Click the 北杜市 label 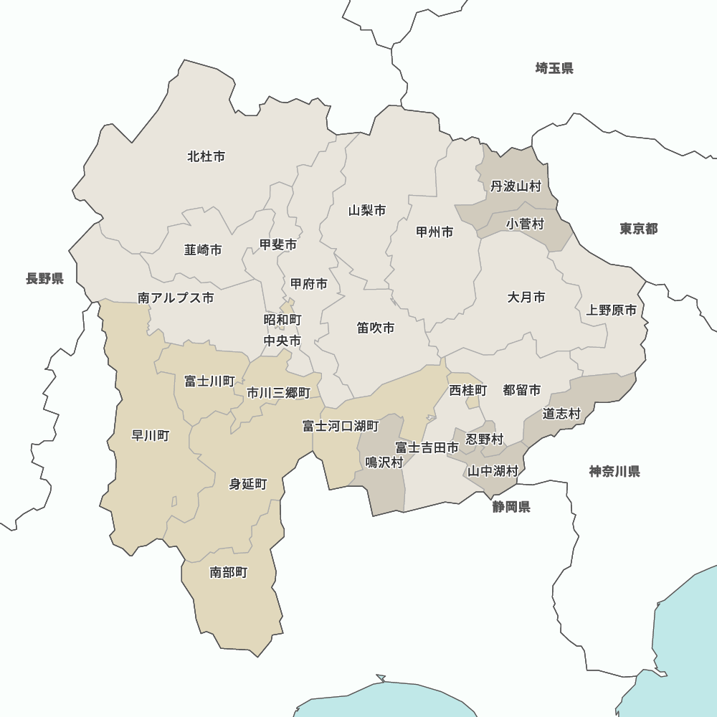point(206,156)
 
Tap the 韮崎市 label point(203,250)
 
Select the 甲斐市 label point(278,245)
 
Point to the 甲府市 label point(309,285)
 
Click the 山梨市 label point(367,211)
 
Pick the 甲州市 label point(435,232)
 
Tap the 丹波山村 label point(516,186)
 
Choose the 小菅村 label point(525,224)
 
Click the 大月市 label point(526,297)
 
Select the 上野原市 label point(612,310)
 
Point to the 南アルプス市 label point(176,298)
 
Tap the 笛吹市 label point(376,328)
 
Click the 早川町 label point(151,436)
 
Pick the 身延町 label point(248,485)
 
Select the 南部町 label point(229,572)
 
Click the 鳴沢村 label point(384,462)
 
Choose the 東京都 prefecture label point(639,229)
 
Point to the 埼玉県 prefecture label point(554,69)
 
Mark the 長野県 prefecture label point(45,279)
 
